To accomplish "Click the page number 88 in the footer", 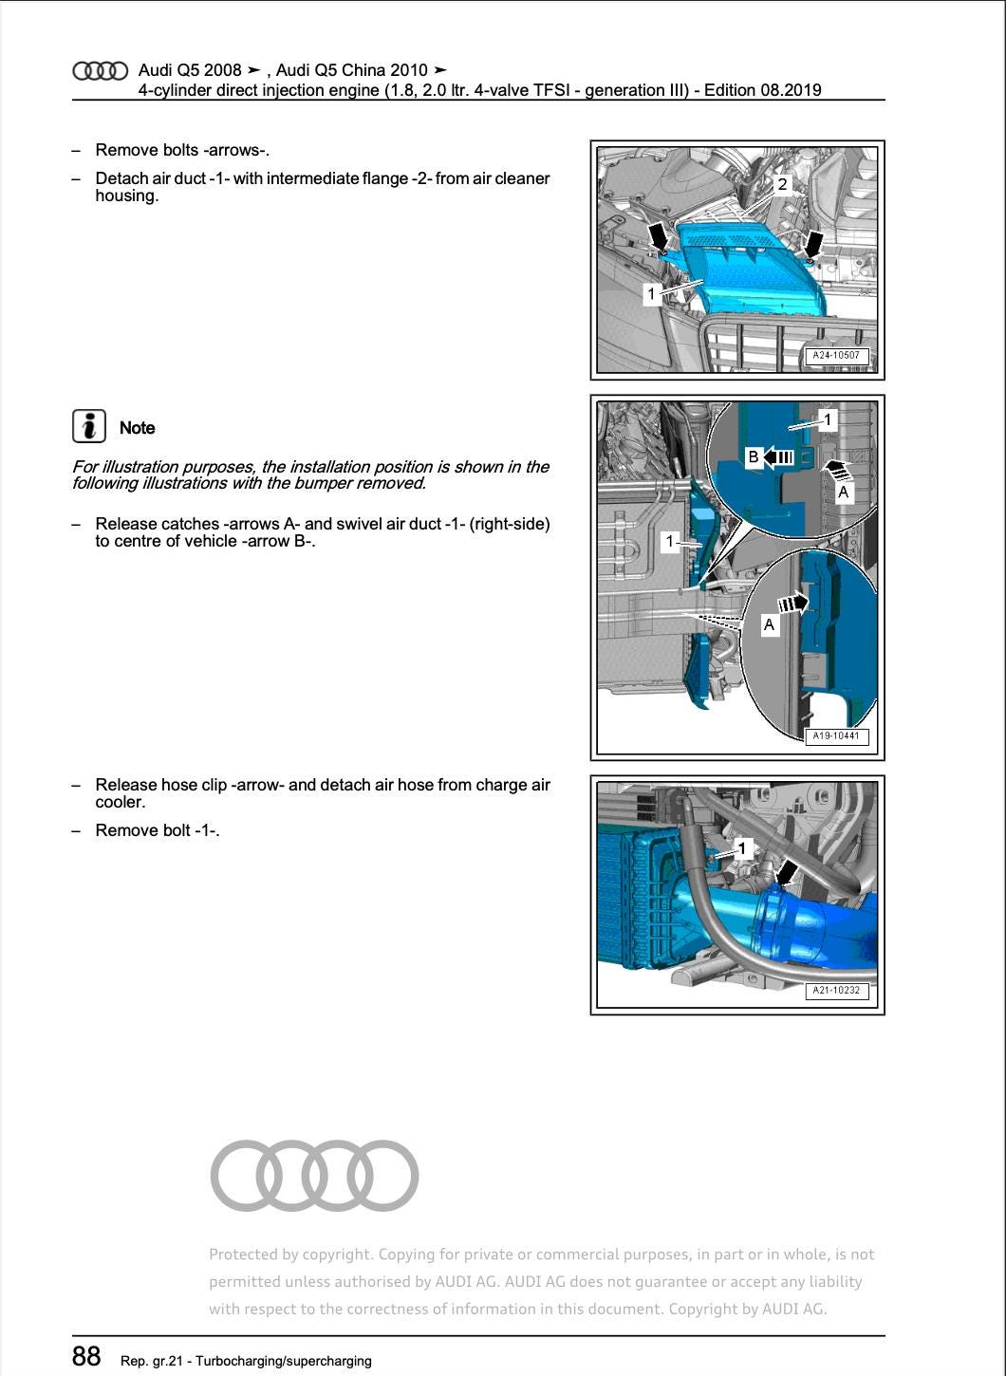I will (x=86, y=1356).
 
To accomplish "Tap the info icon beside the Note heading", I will (x=88, y=426).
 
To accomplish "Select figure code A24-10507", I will (x=835, y=356).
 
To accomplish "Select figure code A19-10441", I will (x=835, y=735).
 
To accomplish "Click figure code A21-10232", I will (x=835, y=990).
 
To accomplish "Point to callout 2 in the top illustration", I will (x=782, y=184).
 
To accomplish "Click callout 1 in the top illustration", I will (x=651, y=293).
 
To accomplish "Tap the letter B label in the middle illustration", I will (x=753, y=457).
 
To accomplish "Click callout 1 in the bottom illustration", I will (x=743, y=847).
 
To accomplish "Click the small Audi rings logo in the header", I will (x=100, y=71).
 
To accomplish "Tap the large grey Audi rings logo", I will (x=314, y=1175).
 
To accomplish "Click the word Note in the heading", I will (x=137, y=428).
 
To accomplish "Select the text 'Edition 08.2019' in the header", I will (x=763, y=90).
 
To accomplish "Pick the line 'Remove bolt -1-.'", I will (x=158, y=830).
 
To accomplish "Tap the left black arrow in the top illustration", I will (x=656, y=236).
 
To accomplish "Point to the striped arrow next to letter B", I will (x=779, y=457).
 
